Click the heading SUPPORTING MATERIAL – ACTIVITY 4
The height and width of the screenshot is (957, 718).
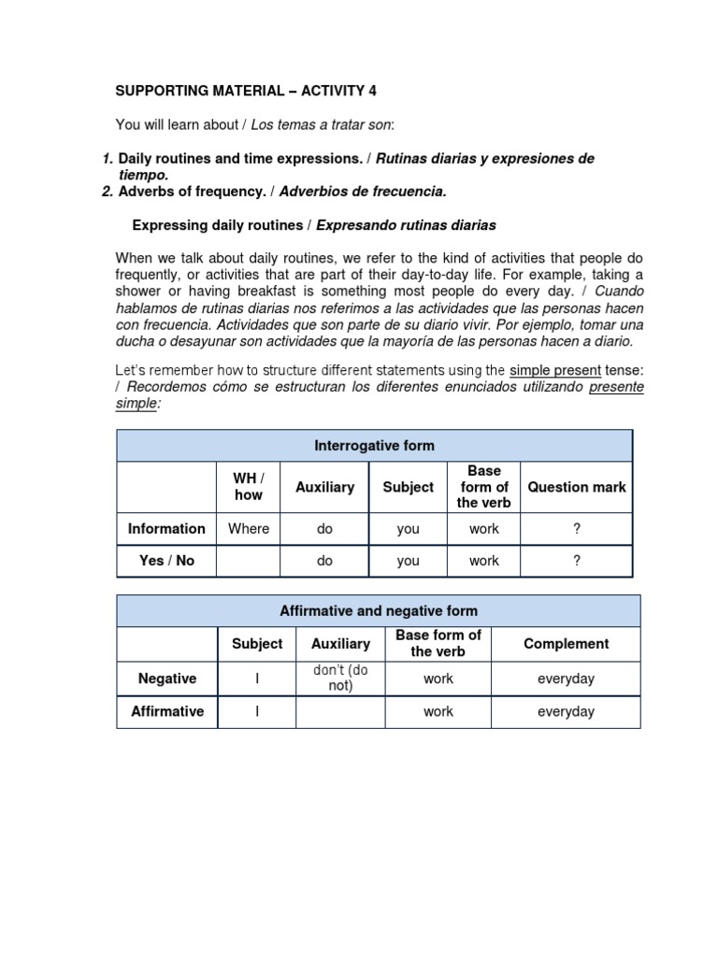click(x=246, y=91)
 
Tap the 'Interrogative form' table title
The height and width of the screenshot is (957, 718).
click(x=373, y=446)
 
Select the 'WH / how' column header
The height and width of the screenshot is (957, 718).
click(x=248, y=487)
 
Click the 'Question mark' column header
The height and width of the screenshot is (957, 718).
click(x=577, y=487)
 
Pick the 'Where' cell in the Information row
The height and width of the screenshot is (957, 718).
click(x=248, y=528)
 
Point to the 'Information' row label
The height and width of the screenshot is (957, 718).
click(x=166, y=528)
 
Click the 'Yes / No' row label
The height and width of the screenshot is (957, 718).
click(x=166, y=561)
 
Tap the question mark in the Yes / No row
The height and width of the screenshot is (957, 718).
click(x=577, y=561)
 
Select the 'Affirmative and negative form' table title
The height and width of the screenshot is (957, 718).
click(x=379, y=611)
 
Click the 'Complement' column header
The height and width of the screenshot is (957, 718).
click(x=566, y=644)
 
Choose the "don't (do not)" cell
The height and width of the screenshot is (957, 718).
click(x=340, y=678)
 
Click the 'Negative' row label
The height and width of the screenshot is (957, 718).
click(x=166, y=678)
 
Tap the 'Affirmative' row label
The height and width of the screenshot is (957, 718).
click(x=166, y=711)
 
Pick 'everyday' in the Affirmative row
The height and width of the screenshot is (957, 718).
click(x=566, y=711)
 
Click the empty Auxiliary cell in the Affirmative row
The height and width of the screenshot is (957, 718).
click(x=340, y=711)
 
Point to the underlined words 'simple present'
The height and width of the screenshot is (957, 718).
click(x=554, y=370)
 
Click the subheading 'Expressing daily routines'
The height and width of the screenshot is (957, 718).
click(x=221, y=225)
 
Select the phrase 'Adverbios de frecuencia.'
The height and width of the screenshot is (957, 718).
click(x=364, y=192)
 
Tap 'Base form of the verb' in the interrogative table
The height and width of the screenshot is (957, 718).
click(x=483, y=487)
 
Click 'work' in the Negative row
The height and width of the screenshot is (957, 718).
click(x=438, y=678)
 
